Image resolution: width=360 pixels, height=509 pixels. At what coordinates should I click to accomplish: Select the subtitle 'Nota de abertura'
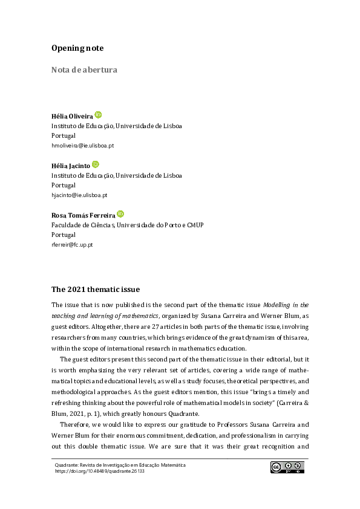[x=84, y=70]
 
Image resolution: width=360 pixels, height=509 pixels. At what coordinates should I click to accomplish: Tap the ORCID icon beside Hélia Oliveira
[x=98, y=114]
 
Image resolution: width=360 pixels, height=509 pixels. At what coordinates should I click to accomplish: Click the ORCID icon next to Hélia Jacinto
[x=95, y=164]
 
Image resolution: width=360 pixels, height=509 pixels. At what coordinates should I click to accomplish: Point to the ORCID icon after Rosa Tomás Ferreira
[x=120, y=214]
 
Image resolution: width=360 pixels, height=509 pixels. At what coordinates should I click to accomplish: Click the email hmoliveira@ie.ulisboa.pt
[x=82, y=146]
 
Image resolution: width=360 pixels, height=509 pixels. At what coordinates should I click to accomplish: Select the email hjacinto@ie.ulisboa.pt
[x=79, y=195]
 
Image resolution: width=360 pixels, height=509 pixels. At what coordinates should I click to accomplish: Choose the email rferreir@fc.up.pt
[x=72, y=245]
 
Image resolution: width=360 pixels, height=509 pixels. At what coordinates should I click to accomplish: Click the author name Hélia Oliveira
[x=72, y=116]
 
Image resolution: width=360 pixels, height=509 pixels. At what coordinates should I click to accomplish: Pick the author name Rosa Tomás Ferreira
[x=83, y=215]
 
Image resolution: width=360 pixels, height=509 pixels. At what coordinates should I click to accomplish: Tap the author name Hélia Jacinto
[x=71, y=166]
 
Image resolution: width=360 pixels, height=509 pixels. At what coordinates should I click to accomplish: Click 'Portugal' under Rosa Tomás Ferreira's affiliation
[x=64, y=235]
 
